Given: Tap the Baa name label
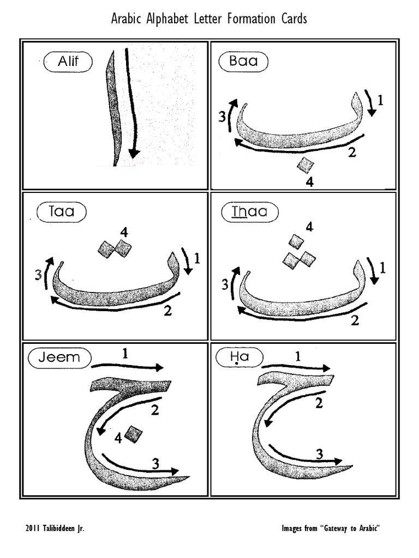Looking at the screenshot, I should pyautogui.click(x=243, y=62).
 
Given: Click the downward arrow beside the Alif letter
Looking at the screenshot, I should pyautogui.click(x=131, y=104).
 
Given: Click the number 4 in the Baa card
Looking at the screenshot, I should pyautogui.click(x=309, y=183).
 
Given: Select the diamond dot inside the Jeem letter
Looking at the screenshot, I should pyautogui.click(x=133, y=434).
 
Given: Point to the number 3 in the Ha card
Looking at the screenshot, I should pyautogui.click(x=320, y=454).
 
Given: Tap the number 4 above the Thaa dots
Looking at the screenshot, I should pyautogui.click(x=309, y=227).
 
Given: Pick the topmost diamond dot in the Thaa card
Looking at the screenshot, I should pyautogui.click(x=296, y=241).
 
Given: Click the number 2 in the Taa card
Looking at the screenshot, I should pyautogui.click(x=168, y=311).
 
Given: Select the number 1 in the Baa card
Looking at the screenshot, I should pyautogui.click(x=380, y=100).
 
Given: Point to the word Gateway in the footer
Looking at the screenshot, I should pyautogui.click(x=340, y=529).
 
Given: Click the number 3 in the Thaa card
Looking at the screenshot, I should pyautogui.click(x=224, y=284).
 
